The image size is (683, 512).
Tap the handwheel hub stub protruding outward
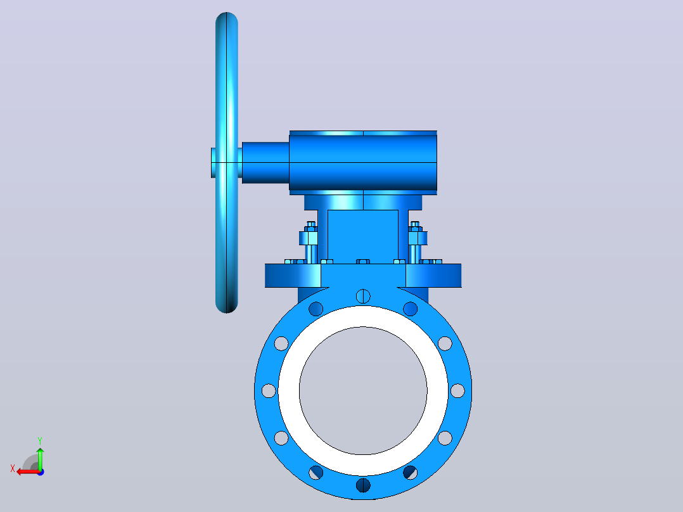(213, 162)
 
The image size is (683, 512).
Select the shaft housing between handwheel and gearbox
(265, 162)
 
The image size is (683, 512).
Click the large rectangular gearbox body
(363, 162)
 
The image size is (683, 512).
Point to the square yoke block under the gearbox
(363, 236)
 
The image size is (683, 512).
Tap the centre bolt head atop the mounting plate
(363, 262)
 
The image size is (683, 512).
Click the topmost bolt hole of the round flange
(363, 297)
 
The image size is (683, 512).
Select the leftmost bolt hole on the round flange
(269, 391)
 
